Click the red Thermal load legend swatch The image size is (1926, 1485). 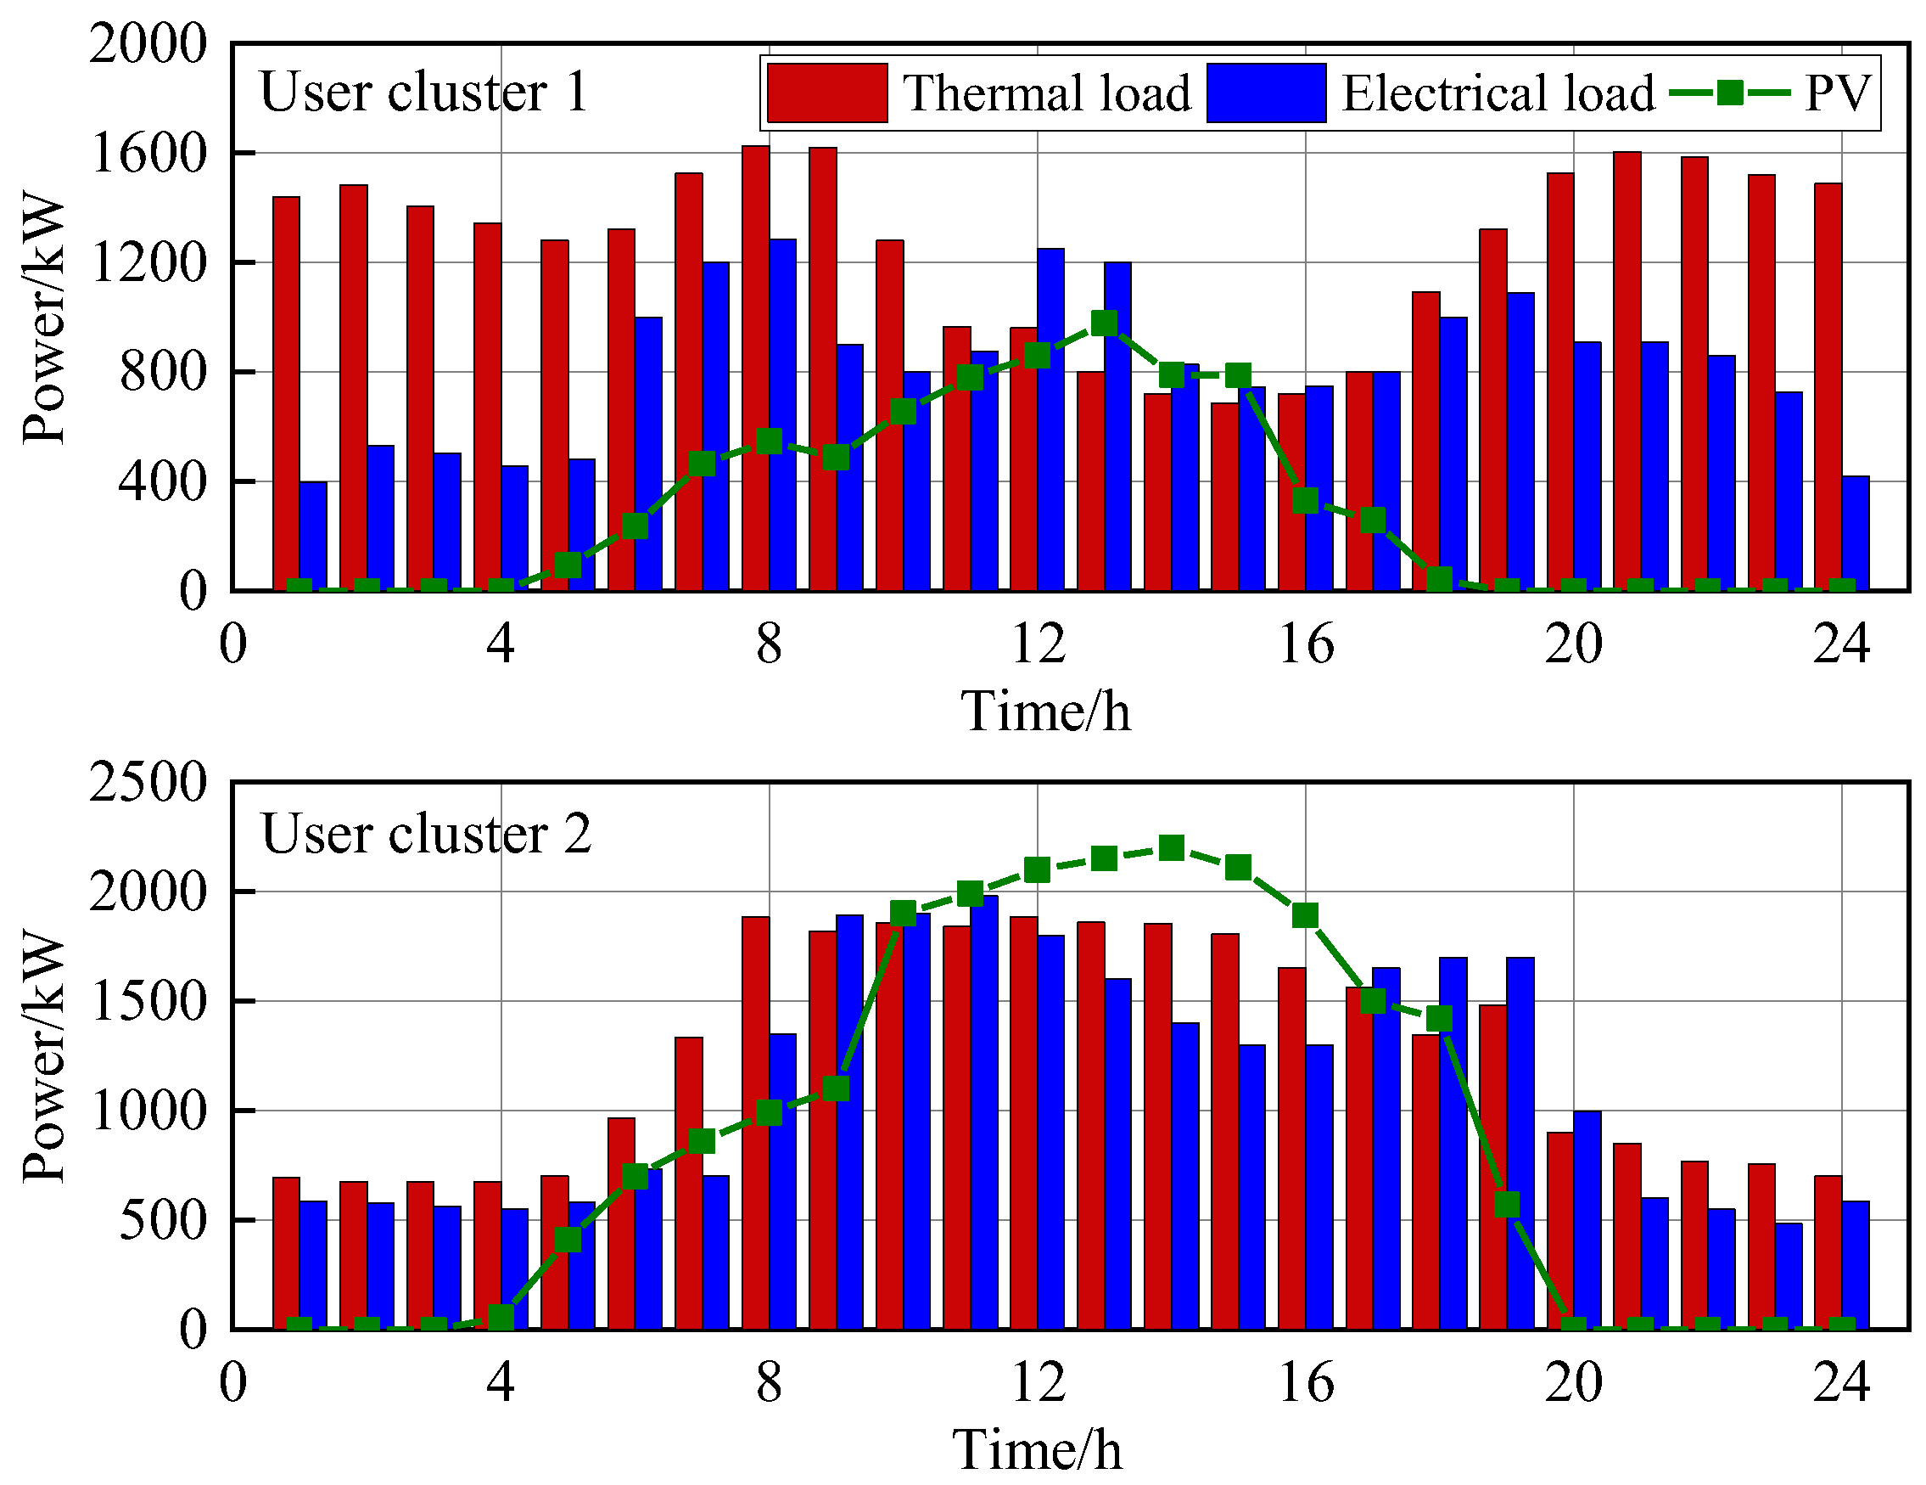pyautogui.click(x=826, y=93)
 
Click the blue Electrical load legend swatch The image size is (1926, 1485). pyautogui.click(x=1266, y=93)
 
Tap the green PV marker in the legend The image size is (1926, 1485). pyautogui.click(x=1729, y=93)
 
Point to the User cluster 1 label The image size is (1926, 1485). pyautogui.click(x=423, y=92)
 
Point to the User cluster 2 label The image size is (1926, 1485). pyautogui.click(x=426, y=834)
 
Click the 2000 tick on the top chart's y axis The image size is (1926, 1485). pyautogui.click(x=148, y=43)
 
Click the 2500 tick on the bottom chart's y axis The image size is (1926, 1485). pyautogui.click(x=148, y=783)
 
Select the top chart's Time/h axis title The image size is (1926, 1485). pyautogui.click(x=1045, y=712)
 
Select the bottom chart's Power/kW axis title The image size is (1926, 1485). pyautogui.click(x=44, y=1056)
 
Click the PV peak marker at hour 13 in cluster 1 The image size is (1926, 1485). pyautogui.click(x=1104, y=323)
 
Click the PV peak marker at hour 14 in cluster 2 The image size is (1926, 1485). pyautogui.click(x=1171, y=848)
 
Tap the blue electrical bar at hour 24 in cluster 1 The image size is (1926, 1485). pyautogui.click(x=1856, y=533)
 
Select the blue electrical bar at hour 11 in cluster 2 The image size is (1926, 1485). pyautogui.click(x=983, y=1111)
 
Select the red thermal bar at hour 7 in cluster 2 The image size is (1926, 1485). pyautogui.click(x=689, y=1184)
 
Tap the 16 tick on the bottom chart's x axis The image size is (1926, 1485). pyautogui.click(x=1305, y=1382)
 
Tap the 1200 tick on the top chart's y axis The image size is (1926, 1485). pyautogui.click(x=148, y=263)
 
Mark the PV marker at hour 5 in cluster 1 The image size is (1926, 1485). pyautogui.click(x=568, y=565)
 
